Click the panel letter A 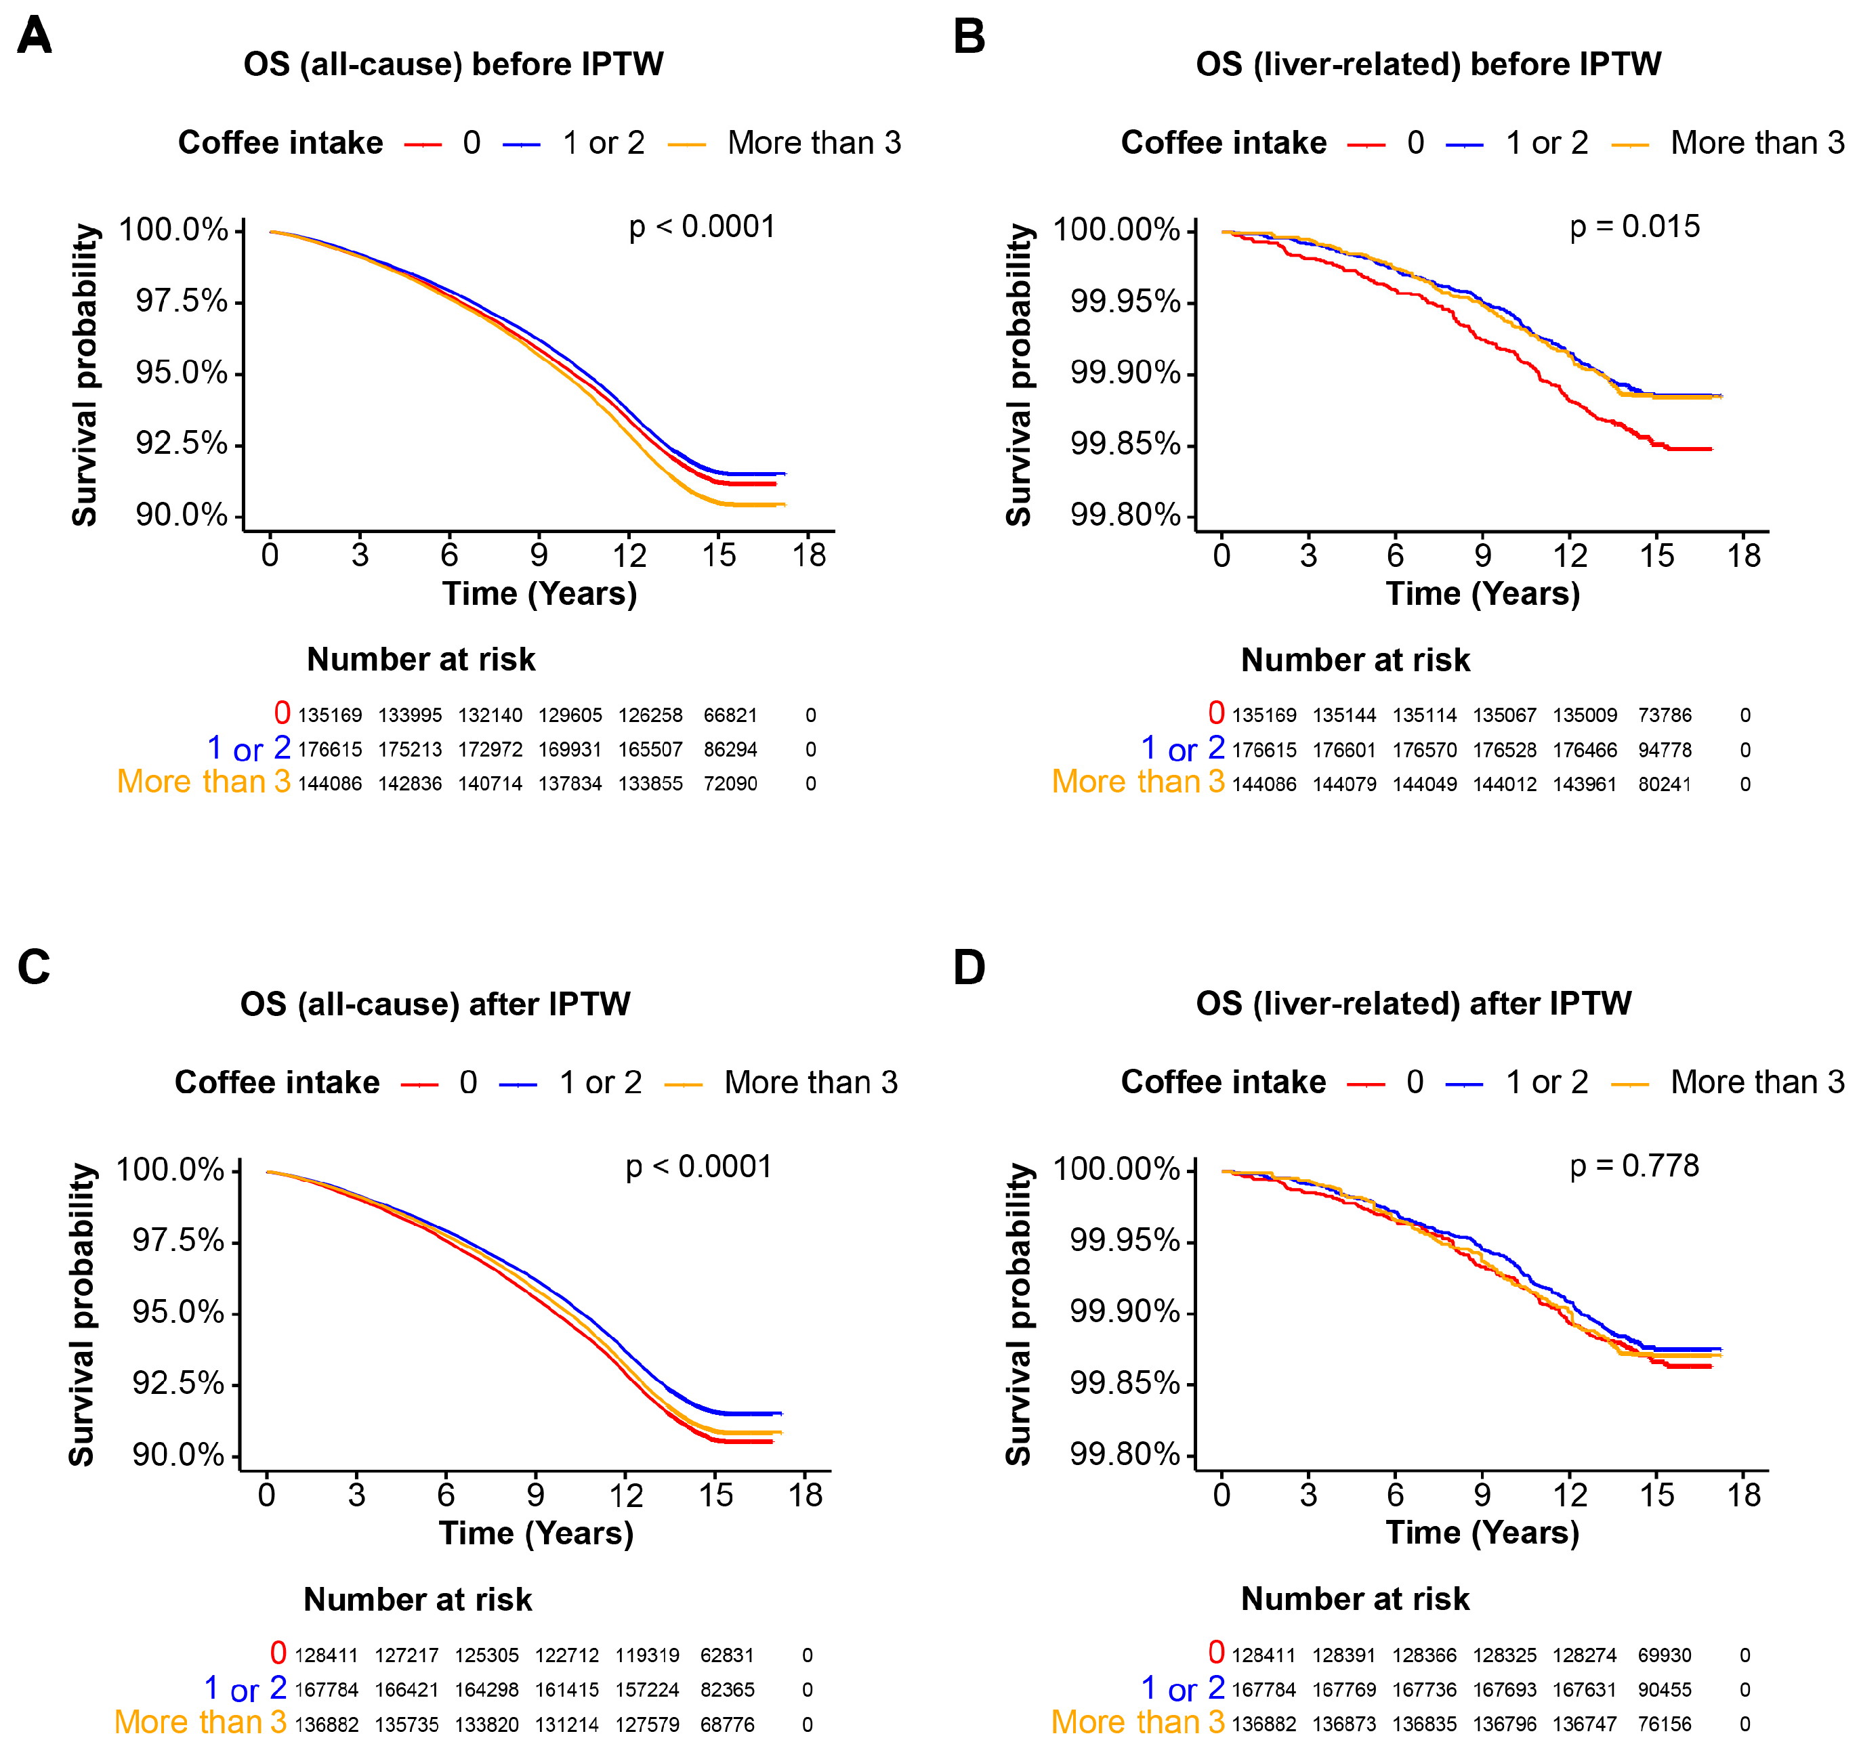coord(35,36)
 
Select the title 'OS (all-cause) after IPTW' coord(435,1004)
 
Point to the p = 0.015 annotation coord(1634,227)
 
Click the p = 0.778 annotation coord(1634,1166)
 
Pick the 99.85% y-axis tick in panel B coord(1125,444)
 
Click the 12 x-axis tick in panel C coord(625,1495)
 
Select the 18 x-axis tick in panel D coord(1744,1495)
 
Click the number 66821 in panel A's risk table coord(730,715)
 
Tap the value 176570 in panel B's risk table coord(1425,750)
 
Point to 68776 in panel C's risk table coord(727,1724)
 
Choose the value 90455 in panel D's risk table coord(1665,1690)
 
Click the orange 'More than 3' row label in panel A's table coord(203,782)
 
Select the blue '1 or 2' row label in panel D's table coord(1183,1689)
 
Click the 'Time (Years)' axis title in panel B coord(1483,593)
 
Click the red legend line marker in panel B coord(1366,144)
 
